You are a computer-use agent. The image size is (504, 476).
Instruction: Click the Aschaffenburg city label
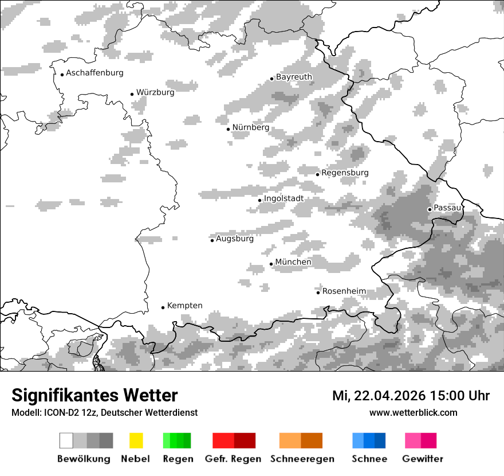pyautogui.click(x=94, y=73)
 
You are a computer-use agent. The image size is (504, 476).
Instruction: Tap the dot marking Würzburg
pyautogui.click(x=132, y=94)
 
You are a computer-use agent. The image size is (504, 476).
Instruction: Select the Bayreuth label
pyautogui.click(x=294, y=77)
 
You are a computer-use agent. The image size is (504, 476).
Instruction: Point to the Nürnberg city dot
pyautogui.click(x=228, y=129)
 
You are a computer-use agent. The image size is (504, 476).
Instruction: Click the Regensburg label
pyautogui.click(x=345, y=173)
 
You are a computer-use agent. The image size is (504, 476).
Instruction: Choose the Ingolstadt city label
pyautogui.click(x=283, y=198)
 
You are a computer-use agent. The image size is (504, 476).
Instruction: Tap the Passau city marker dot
pyautogui.click(x=430, y=209)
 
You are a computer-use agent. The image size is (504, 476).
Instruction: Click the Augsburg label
pyautogui.click(x=234, y=239)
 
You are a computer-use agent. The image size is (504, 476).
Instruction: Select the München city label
pyautogui.click(x=293, y=262)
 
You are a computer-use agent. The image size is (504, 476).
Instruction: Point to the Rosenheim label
pyautogui.click(x=344, y=291)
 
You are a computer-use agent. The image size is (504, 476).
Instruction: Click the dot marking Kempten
pyautogui.click(x=163, y=307)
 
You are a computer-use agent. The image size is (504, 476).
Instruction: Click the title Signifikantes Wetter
pyautogui.click(x=94, y=395)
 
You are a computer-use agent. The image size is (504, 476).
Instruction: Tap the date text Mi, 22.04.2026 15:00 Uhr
pyautogui.click(x=411, y=396)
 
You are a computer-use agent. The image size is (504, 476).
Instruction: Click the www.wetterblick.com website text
pyautogui.click(x=413, y=412)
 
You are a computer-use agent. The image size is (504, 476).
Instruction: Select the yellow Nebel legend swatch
pyautogui.click(x=136, y=440)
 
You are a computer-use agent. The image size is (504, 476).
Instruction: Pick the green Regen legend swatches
pyautogui.click(x=177, y=440)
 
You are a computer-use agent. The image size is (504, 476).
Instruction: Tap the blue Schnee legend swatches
pyautogui.click(x=369, y=440)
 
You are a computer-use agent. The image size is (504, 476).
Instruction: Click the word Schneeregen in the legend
pyautogui.click(x=302, y=459)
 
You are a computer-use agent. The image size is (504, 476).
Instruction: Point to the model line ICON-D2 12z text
pyautogui.click(x=104, y=412)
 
